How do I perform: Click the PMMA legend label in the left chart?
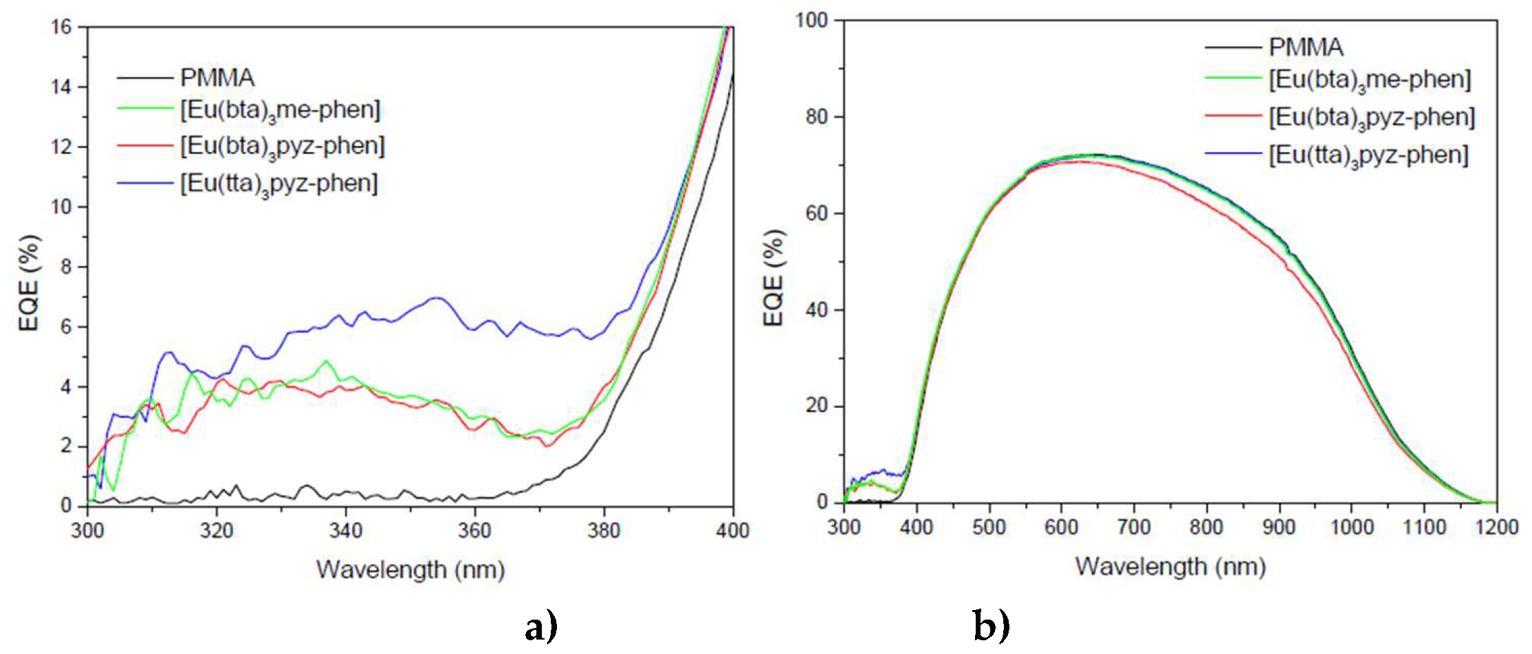(217, 78)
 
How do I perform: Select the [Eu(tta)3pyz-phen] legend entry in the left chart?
(278, 184)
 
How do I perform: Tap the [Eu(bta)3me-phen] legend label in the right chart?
(1370, 80)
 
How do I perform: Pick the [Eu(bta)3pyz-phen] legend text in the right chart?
(1372, 118)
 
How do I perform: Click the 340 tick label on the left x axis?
(345, 530)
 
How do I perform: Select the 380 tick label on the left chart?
(604, 530)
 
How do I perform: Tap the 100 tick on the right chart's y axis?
(811, 20)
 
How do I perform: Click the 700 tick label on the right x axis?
(1133, 527)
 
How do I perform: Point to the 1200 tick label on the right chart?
(1496, 527)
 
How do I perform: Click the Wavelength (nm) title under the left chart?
(411, 569)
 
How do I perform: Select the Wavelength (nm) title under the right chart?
(1170, 567)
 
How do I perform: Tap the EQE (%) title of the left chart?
(29, 283)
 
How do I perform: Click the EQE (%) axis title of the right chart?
(774, 278)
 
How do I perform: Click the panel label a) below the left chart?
(541, 626)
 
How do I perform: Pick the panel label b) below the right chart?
(992, 625)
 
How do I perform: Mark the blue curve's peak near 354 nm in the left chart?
(436, 298)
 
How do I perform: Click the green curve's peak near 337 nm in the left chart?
(326, 361)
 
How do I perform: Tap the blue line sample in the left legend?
(144, 184)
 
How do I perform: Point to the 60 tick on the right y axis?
(817, 213)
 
